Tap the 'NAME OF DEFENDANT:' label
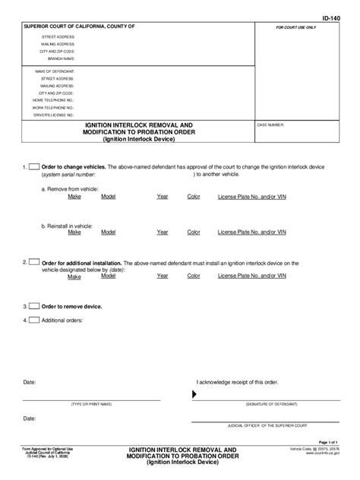tap(55, 71)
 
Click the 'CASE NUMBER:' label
tap(271, 123)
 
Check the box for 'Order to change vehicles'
tap(33, 166)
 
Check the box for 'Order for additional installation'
tap(33, 262)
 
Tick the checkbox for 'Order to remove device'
tap(33, 306)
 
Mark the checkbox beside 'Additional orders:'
tap(33, 320)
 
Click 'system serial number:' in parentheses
tap(68, 174)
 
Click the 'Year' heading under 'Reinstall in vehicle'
tap(163, 232)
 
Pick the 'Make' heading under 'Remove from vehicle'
tap(74, 196)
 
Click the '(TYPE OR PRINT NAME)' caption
tap(91, 404)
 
